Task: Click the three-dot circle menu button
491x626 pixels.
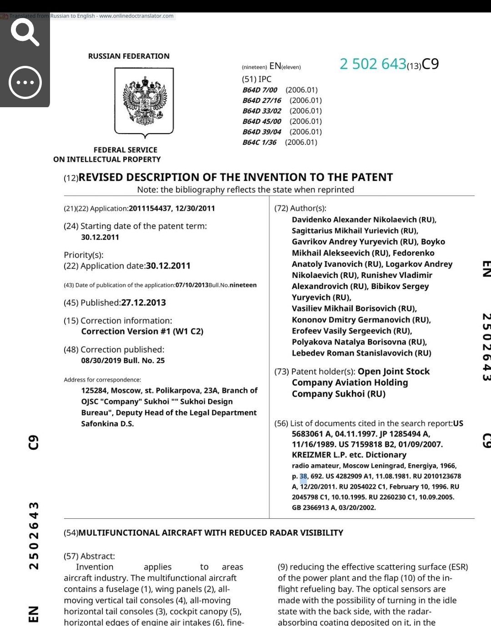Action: coord(25,82)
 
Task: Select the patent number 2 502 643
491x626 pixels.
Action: coord(372,64)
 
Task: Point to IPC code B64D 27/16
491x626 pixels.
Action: coord(262,100)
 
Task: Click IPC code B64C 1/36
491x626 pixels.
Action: coord(260,142)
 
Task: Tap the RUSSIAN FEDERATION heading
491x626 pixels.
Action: coord(129,56)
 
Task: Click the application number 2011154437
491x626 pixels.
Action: coord(150,209)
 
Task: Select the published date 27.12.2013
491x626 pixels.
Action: coord(143,303)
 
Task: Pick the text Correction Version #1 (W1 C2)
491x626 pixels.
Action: coord(142,332)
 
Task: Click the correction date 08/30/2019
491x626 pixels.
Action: coord(101,361)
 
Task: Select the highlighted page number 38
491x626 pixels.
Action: coord(303,476)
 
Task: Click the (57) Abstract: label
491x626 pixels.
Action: coord(90,556)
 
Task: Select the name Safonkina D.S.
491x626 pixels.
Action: coord(107,424)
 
